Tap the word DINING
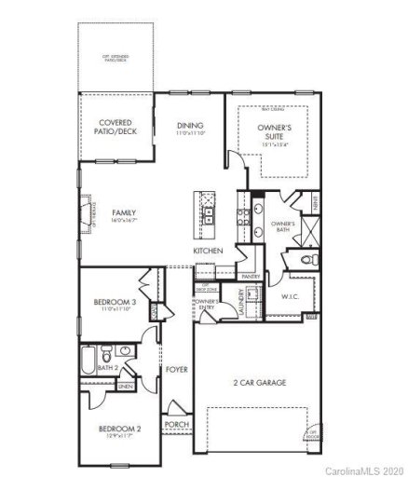[191, 126]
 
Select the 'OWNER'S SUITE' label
[275, 133]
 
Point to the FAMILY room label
[125, 212]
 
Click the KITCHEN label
[207, 252]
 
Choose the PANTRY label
[250, 277]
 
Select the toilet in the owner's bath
[311, 258]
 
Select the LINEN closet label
[125, 386]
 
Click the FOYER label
[177, 370]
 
